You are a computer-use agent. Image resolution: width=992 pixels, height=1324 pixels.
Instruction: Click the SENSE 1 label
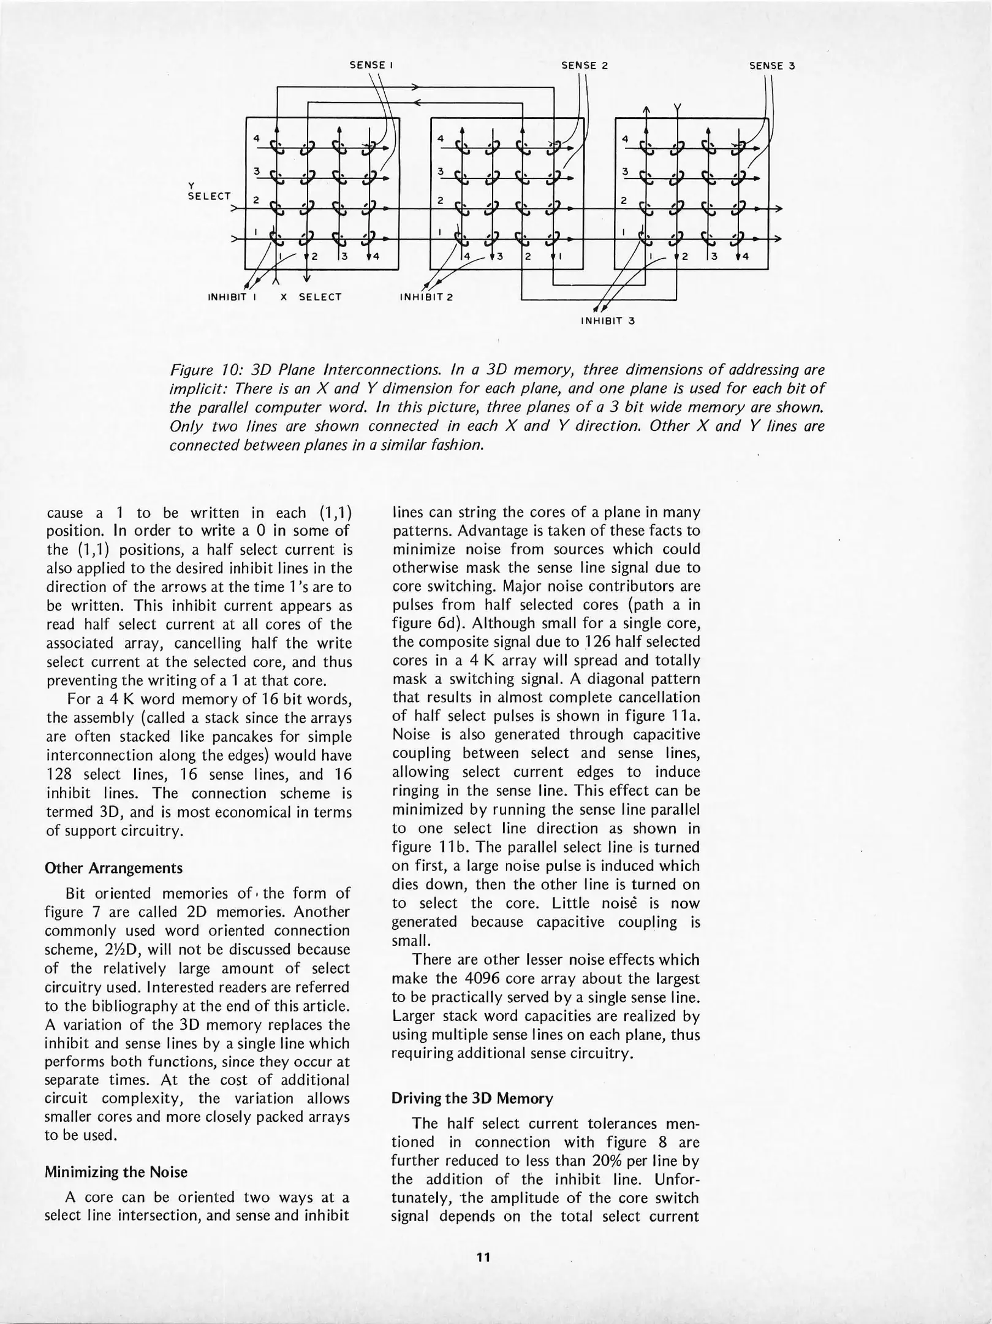pos(371,64)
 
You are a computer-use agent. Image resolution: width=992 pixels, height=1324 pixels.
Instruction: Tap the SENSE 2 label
pos(585,66)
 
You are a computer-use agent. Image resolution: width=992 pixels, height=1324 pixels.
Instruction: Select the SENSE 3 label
pos(772,66)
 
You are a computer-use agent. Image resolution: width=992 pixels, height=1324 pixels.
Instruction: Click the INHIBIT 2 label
pos(425,297)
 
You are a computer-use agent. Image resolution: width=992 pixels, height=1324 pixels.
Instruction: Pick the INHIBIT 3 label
pos(607,320)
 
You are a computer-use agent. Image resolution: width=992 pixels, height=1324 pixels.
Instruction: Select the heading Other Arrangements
pos(113,869)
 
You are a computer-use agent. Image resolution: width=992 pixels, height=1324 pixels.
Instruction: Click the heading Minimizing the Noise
pos(116,1172)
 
